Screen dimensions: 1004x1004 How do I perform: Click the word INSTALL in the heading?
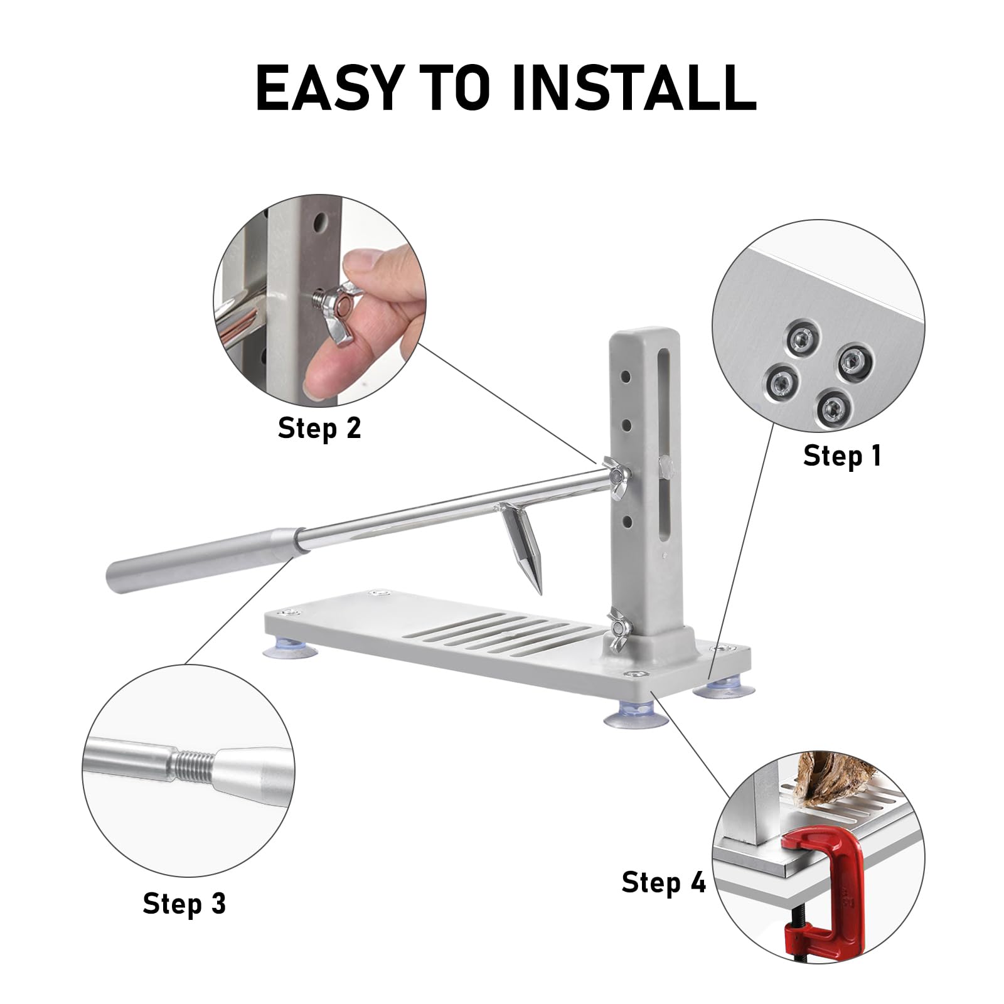click(634, 88)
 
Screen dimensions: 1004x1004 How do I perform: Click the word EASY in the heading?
click(327, 88)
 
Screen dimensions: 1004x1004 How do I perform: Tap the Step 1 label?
click(842, 456)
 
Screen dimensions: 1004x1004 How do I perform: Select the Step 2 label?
click(319, 428)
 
